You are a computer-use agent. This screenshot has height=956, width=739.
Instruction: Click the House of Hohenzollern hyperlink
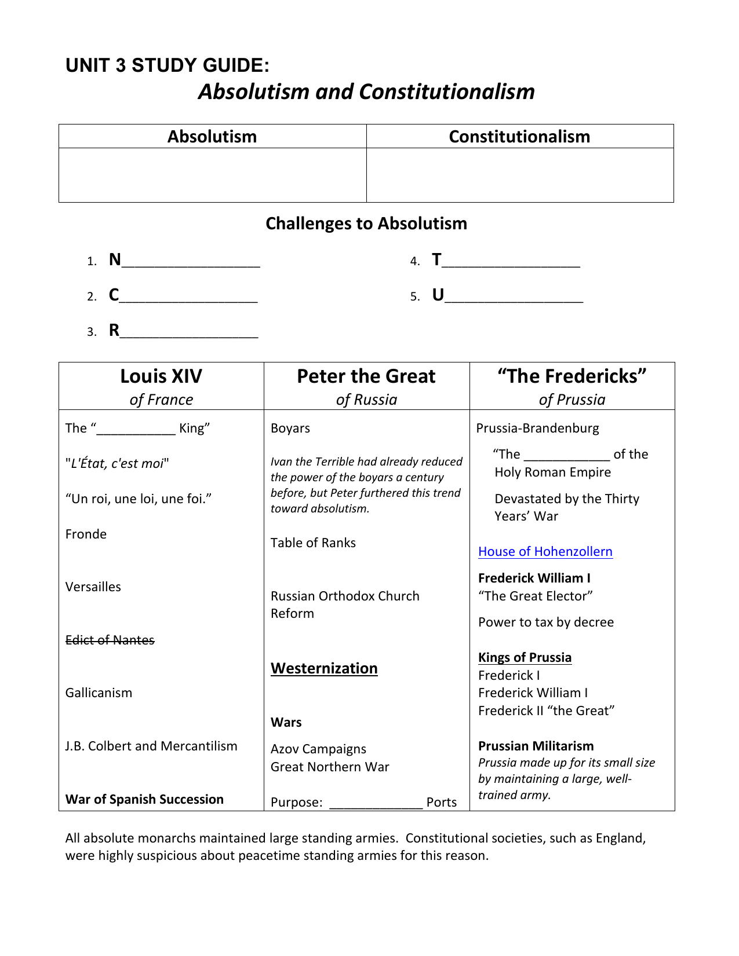coord(545,551)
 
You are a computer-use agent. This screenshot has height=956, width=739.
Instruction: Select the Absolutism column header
coord(212,137)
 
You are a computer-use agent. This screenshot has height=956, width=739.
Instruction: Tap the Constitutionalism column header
coord(519,137)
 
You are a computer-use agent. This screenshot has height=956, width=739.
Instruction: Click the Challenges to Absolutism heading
coord(366,224)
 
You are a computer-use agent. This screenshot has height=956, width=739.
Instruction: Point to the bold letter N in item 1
coord(115,259)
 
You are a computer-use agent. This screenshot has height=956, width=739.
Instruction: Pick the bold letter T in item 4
coord(436,259)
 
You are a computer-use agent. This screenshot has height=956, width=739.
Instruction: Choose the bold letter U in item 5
coord(438,295)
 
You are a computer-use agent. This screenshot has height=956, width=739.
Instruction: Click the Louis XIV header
coord(161,376)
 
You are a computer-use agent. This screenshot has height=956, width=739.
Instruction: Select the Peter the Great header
coord(366,376)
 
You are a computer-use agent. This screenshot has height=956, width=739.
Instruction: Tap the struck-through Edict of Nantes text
coord(110,640)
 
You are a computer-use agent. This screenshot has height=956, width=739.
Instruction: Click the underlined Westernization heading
coord(324,668)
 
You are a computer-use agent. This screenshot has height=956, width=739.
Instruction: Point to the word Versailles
coord(93,587)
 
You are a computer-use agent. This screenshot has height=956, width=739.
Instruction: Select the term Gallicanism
coord(99,693)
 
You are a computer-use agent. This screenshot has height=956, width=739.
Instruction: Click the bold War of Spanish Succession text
coord(144,799)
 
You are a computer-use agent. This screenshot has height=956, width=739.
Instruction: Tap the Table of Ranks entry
coord(313,543)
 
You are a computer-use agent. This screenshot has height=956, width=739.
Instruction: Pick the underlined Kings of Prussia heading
coord(525,657)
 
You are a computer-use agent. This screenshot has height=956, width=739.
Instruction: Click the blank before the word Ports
coord(376,803)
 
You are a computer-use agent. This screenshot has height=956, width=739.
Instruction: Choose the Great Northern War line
coord(330,767)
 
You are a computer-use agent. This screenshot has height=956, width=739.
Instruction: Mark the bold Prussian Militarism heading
coord(536,746)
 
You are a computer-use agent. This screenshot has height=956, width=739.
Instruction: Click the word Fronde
coord(86,534)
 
